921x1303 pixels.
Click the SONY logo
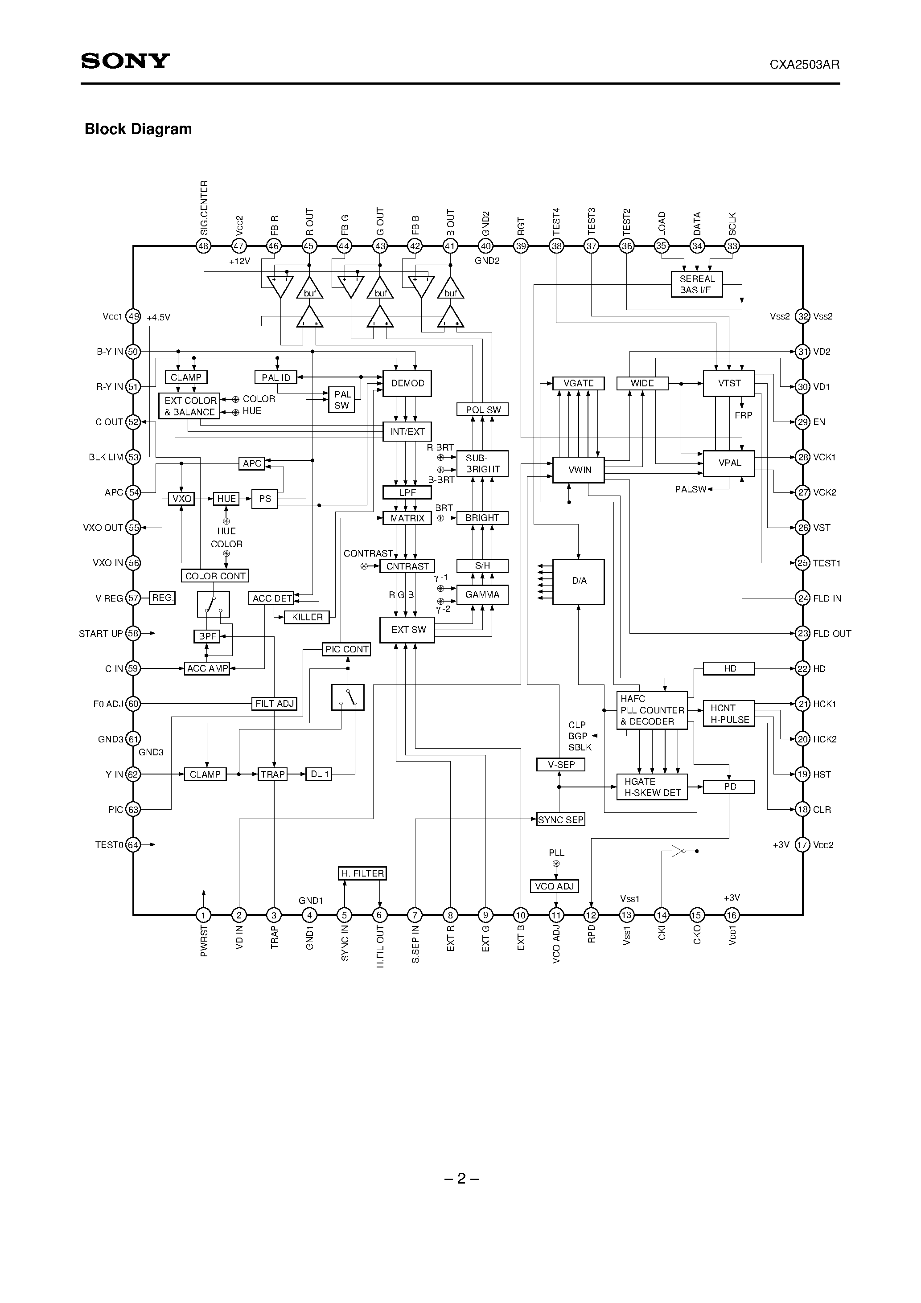125,61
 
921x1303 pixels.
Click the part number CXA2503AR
804,65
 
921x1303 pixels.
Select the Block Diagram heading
138,129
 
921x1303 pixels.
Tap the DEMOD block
407,384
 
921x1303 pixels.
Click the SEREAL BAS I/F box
697,284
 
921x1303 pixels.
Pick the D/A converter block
578,582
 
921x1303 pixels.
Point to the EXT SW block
407,629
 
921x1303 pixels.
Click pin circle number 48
203,246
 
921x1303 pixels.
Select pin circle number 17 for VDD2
802,844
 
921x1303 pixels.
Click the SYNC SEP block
560,819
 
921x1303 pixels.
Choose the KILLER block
307,617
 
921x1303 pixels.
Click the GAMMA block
482,595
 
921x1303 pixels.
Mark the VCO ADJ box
554,886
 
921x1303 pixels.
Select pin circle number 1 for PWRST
203,915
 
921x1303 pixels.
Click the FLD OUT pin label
831,633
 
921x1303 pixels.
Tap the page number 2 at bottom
461,1179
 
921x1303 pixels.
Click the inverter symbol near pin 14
677,851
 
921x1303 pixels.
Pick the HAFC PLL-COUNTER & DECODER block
652,710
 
